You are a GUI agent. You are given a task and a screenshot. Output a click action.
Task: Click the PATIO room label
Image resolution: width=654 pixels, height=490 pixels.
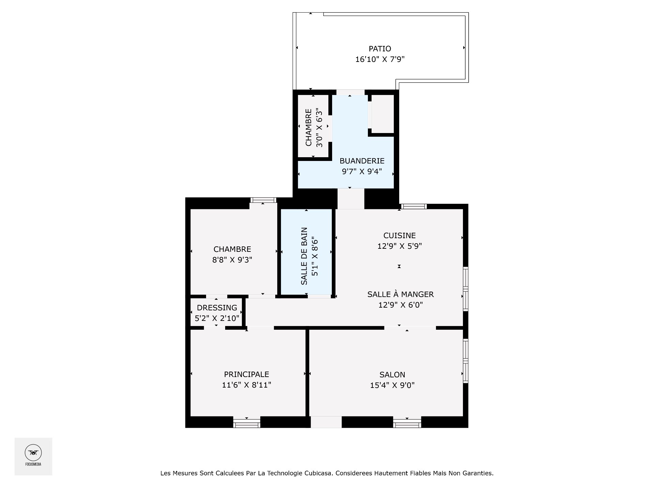(x=380, y=49)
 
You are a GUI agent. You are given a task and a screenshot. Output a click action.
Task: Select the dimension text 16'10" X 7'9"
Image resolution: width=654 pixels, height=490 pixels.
(x=380, y=60)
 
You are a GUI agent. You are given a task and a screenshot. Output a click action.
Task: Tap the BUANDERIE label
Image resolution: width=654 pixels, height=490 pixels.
(x=362, y=161)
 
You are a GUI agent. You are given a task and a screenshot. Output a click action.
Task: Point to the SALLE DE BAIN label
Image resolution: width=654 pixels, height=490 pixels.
(x=304, y=256)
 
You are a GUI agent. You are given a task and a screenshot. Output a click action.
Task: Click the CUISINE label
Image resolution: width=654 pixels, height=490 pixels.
(x=400, y=235)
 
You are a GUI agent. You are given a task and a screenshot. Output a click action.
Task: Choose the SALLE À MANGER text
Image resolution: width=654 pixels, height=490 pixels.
(x=400, y=294)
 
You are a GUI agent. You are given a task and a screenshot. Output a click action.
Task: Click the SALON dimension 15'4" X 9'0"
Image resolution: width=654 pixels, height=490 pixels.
(x=392, y=386)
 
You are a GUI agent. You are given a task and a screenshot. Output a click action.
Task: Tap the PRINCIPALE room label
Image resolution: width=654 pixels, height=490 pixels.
(x=246, y=374)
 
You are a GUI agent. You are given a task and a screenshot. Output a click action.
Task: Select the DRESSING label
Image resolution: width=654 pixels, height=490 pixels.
(x=217, y=308)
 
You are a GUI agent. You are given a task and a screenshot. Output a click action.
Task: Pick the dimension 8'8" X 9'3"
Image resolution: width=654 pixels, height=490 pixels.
(x=232, y=260)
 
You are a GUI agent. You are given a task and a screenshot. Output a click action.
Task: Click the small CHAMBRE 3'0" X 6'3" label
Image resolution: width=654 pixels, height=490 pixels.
(x=313, y=128)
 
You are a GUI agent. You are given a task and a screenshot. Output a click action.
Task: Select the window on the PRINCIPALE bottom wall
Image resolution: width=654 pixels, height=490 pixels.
(x=247, y=424)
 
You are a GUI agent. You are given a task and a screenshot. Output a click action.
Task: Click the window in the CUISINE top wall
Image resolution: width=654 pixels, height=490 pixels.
(x=414, y=206)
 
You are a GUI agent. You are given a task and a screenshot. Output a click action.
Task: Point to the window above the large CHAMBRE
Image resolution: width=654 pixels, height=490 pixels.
(x=263, y=200)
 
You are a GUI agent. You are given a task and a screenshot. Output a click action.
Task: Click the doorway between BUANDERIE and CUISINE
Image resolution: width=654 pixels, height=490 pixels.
(x=351, y=199)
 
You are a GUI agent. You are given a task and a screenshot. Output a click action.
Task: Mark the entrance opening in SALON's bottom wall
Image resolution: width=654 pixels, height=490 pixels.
(x=326, y=422)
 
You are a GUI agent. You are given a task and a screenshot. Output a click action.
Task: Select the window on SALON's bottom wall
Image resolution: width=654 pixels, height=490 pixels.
(x=407, y=424)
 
